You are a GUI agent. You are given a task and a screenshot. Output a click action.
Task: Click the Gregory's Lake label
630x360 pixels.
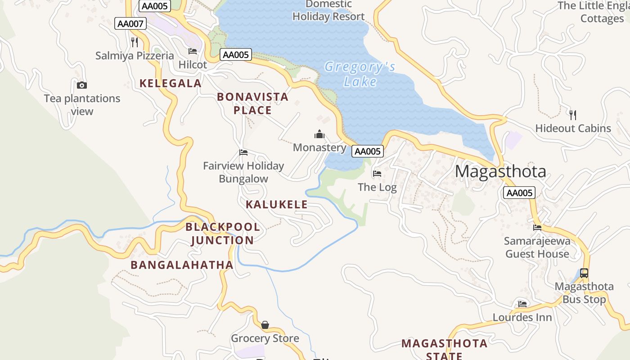(360, 74)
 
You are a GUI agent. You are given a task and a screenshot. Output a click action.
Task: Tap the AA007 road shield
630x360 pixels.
(130, 23)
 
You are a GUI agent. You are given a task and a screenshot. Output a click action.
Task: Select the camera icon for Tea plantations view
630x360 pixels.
(82, 85)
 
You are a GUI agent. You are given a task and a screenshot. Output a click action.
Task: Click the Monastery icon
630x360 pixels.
(319, 134)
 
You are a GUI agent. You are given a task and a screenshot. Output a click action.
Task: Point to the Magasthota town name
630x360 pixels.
(500, 171)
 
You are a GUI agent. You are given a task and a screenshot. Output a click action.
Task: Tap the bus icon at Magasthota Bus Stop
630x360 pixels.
(584, 273)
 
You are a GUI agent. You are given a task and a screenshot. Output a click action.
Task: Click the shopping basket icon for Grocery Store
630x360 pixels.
(265, 325)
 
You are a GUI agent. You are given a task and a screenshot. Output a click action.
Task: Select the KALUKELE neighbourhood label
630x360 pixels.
(277, 204)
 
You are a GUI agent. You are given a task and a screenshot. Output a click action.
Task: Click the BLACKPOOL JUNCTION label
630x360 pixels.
(223, 234)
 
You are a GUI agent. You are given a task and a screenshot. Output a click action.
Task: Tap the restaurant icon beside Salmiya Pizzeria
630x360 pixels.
(134, 42)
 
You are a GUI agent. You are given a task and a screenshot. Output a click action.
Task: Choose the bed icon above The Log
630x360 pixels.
(377, 173)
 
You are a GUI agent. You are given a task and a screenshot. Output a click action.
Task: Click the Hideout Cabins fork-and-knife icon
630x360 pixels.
(573, 115)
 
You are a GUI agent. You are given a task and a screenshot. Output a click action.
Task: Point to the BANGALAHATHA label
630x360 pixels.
(182, 265)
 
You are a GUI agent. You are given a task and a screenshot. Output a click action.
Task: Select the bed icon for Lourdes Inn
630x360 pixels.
(522, 304)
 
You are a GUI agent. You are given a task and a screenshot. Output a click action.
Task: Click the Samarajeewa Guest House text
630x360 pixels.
(537, 247)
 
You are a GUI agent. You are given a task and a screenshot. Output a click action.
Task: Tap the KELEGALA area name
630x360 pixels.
(171, 83)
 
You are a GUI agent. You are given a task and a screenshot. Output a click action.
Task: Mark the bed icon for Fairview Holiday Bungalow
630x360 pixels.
(243, 153)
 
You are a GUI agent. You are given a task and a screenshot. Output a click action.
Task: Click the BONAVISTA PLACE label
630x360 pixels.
(252, 103)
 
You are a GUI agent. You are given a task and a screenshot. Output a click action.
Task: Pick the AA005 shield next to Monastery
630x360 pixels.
(368, 151)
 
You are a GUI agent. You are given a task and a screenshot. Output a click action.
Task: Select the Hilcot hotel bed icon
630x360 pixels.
(193, 51)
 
